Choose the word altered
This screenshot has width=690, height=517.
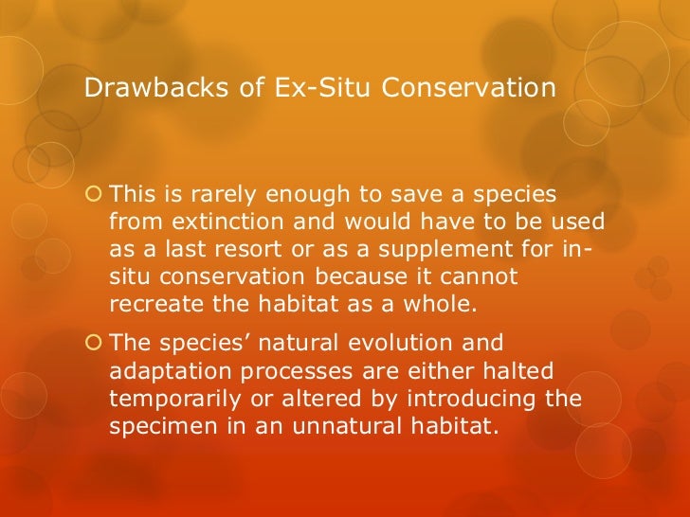point(327,399)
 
